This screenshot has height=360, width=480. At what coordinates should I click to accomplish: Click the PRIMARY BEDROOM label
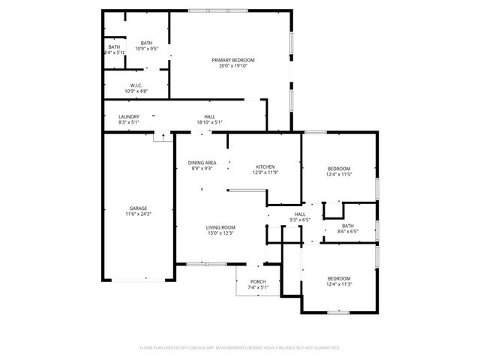coord(232,60)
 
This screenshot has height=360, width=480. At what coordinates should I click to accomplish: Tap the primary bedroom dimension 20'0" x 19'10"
coord(232,66)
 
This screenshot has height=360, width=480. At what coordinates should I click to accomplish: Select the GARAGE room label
coord(138,208)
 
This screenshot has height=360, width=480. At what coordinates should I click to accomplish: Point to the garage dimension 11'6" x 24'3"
coord(138,214)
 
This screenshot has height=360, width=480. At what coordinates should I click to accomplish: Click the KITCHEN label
coord(265,166)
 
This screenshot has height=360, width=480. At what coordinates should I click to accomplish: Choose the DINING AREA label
coord(201,162)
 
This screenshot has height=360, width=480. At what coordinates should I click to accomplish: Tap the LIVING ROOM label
coord(221,226)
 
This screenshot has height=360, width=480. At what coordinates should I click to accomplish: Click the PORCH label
coord(257,281)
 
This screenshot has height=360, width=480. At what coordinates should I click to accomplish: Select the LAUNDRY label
coord(129,116)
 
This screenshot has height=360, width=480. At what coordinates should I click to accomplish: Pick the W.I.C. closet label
coord(136,85)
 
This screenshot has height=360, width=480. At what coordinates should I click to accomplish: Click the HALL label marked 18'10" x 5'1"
coord(210,116)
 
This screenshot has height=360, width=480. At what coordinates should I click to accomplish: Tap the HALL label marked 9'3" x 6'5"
coord(300,214)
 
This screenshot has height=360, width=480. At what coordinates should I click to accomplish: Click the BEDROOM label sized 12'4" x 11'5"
coord(339,168)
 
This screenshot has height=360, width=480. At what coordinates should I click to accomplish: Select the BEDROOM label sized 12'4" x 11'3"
coord(339,278)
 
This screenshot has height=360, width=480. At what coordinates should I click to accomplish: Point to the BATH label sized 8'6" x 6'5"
coord(347,226)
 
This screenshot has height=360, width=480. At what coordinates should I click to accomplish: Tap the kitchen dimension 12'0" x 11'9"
coord(265,172)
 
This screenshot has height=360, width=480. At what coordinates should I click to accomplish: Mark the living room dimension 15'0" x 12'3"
coord(221,233)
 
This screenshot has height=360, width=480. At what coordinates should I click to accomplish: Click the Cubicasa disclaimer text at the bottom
coord(240,348)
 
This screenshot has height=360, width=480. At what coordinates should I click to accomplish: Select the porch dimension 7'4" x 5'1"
coord(257,287)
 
